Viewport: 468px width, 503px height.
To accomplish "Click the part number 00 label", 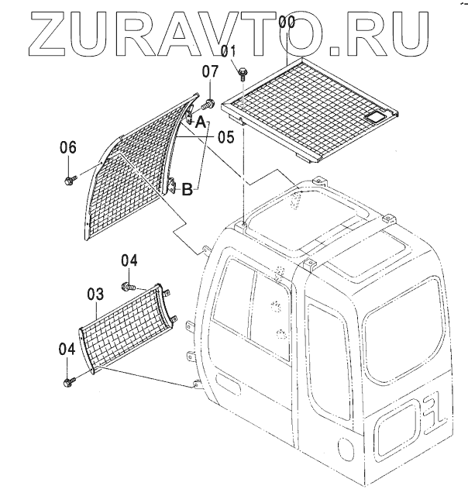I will pos(287,22).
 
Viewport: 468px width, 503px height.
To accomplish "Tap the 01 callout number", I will pos(228,53).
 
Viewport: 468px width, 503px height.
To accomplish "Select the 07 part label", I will pos(211,73).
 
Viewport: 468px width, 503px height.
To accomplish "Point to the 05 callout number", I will pos(225,137).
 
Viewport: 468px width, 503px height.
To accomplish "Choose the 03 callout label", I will pos(95,294).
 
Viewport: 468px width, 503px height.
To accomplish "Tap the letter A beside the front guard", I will pos(200,122).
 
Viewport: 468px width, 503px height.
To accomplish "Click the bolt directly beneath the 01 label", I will pos(242,72).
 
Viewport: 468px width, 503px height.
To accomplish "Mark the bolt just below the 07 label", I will pos(208,102).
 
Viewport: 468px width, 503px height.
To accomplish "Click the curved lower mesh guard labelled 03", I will pos(124,329).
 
